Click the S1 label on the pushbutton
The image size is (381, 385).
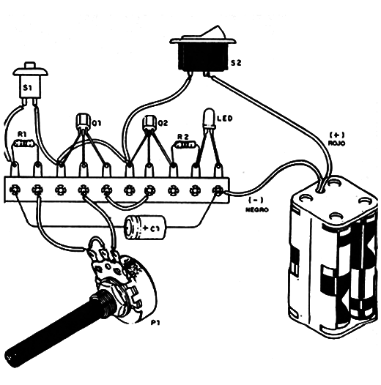point(27,87)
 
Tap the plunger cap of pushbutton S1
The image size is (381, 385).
point(30,66)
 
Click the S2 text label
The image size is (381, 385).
point(236,63)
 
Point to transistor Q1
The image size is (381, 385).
point(83,121)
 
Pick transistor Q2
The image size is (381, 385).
point(149,122)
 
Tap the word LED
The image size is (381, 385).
point(225,119)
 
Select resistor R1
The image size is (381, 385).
point(24,143)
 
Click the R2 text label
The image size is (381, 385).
point(183,137)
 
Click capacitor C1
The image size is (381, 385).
point(145,228)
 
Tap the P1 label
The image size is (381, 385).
point(155,323)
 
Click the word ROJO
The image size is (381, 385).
point(337,143)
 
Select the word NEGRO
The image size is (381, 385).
point(257,209)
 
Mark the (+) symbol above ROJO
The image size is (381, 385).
point(337,135)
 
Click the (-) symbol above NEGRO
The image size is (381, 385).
point(256,201)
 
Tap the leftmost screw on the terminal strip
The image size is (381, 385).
point(15,190)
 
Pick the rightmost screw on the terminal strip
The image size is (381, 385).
point(218,190)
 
